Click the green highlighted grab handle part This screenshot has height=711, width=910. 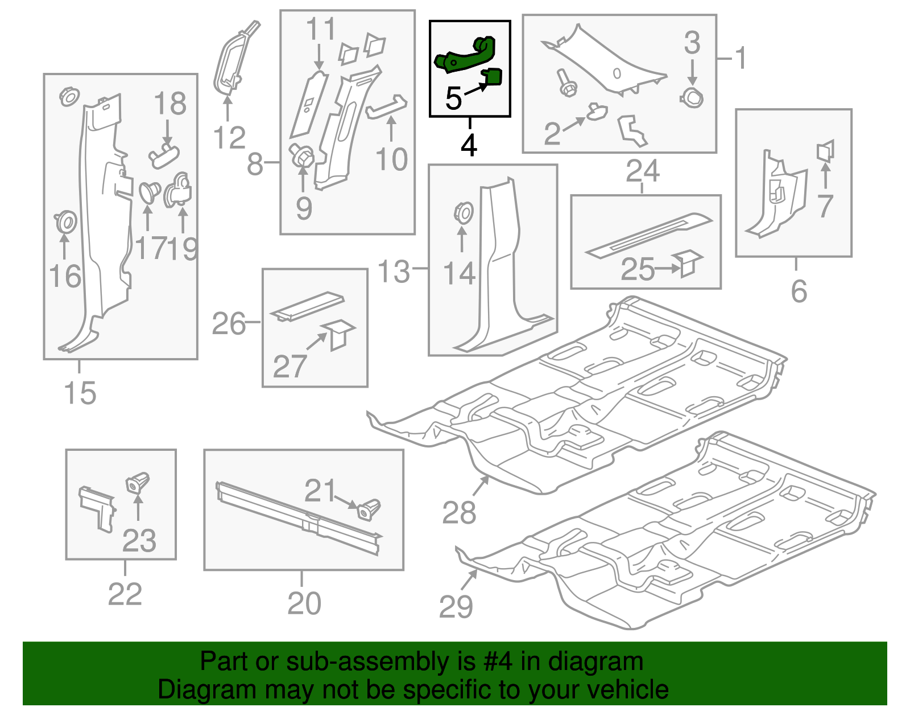[464, 55]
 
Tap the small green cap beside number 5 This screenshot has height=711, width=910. [493, 76]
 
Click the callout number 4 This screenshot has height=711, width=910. [469, 145]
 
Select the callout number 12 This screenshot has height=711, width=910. [229, 138]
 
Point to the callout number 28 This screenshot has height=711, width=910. [459, 513]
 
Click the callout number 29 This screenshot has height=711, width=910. [456, 607]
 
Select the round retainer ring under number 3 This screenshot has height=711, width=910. [692, 97]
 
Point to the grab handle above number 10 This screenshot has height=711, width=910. [387, 106]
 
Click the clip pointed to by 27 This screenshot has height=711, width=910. [339, 334]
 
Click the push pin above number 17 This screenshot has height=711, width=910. [149, 192]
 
